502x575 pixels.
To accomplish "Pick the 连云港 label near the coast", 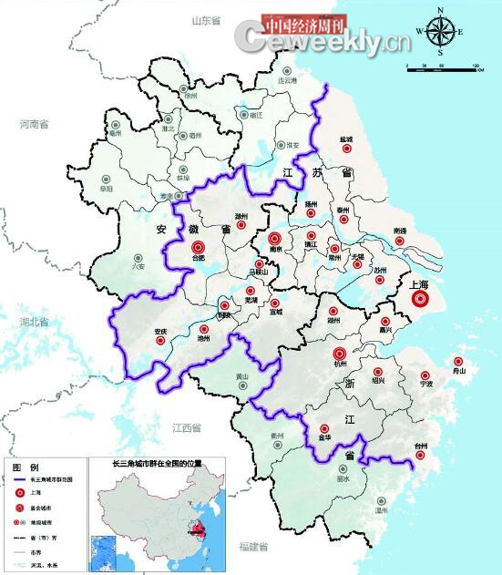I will [x=288, y=81].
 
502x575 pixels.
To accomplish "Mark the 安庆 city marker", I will [x=160, y=341].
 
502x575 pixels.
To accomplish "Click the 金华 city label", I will [x=324, y=439].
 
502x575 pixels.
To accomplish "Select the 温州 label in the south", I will [x=380, y=511].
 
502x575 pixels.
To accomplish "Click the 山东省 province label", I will [x=207, y=19].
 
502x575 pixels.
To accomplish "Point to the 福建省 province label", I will [x=253, y=547].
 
